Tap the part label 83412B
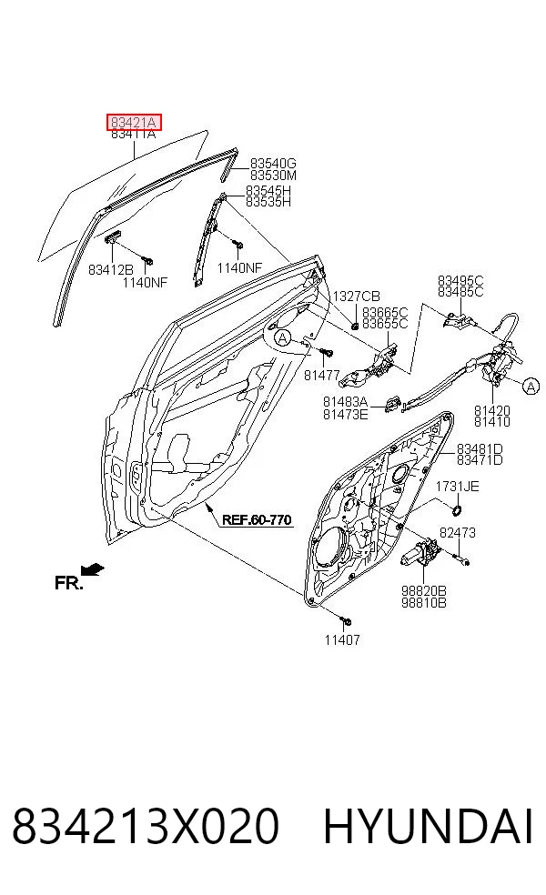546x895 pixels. tap(111, 269)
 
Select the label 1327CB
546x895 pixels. tap(357, 297)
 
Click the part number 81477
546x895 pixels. tap(322, 375)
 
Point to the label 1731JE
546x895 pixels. tap(458, 487)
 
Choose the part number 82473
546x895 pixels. tap(458, 533)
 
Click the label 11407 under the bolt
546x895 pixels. tap(343, 639)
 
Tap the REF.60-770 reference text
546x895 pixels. tap(257, 520)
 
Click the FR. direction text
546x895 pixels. tap(69, 583)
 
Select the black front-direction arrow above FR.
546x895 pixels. tap(93, 569)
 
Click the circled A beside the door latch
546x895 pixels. tap(531, 387)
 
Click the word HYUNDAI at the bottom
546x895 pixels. tap(429, 825)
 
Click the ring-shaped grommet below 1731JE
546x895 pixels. tap(457, 509)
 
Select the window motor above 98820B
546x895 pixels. tap(420, 554)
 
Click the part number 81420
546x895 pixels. tap(491, 410)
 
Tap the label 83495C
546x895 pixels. tap(460, 280)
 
